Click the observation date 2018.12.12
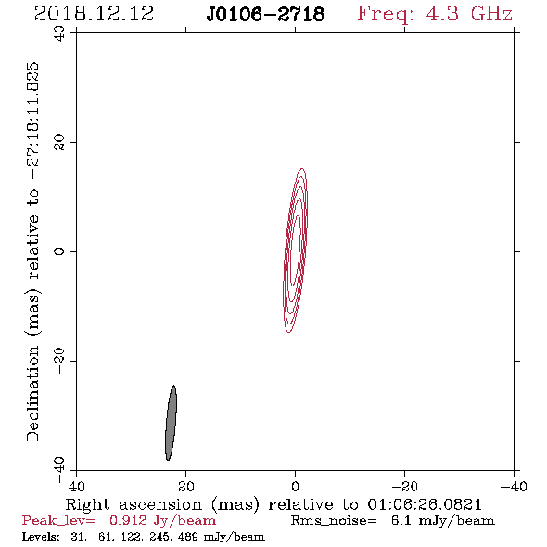94,14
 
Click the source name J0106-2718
265,14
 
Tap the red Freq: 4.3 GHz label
435,14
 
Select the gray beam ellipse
171,423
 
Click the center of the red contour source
296,250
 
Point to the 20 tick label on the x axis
185,487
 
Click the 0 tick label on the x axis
295,487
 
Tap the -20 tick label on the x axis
404,487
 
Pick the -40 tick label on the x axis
514,487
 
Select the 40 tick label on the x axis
76,487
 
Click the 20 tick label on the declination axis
59,143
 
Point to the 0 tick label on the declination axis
59,251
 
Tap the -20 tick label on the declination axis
59,361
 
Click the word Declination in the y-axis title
32,393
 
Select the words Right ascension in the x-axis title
134,504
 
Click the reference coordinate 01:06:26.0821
425,504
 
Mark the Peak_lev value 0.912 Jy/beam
162,521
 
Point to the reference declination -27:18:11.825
32,121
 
